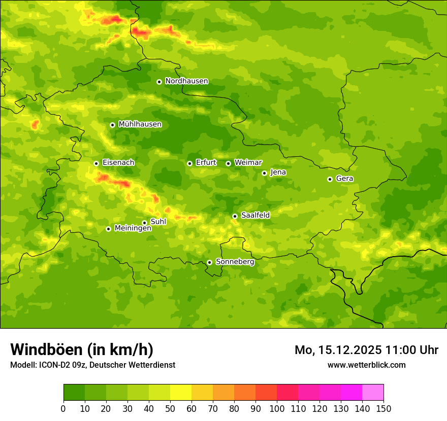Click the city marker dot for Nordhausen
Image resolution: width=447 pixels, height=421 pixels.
click(x=159, y=82)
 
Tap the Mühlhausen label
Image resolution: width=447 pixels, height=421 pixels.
click(x=140, y=124)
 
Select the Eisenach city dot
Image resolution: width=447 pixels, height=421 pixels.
click(x=96, y=163)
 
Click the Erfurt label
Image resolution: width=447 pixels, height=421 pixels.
click(x=206, y=163)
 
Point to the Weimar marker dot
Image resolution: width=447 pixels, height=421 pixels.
click(x=228, y=163)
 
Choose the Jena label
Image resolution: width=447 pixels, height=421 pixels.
click(x=278, y=172)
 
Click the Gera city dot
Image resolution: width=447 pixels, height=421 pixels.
click(x=330, y=179)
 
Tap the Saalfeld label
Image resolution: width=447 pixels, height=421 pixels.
click(x=255, y=216)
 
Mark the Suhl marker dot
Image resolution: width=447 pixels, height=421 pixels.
click(x=144, y=223)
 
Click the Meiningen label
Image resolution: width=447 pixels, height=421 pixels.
click(x=133, y=228)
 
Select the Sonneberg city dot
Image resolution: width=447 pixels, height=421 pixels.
click(x=209, y=262)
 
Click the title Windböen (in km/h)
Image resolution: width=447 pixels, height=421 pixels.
click(x=81, y=349)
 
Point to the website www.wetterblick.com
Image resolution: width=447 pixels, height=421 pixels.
click(x=366, y=365)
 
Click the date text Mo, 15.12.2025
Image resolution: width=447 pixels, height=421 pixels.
click(x=339, y=350)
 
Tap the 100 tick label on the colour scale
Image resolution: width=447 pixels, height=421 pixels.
click(x=277, y=408)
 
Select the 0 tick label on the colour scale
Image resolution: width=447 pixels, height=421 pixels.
click(x=63, y=408)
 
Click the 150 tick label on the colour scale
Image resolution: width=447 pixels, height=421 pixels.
click(x=384, y=408)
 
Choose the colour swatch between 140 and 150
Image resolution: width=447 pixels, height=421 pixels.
click(x=373, y=393)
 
